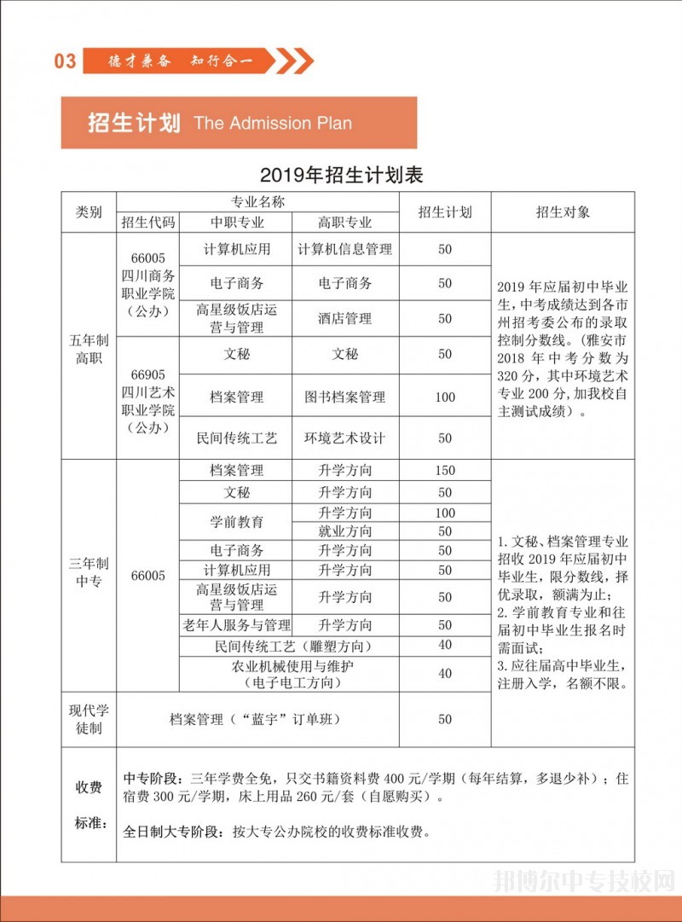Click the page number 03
[65, 61]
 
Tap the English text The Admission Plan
[273, 123]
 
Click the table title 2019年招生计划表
[342, 176]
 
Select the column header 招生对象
[563, 212]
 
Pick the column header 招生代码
[148, 223]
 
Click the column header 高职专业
[345, 223]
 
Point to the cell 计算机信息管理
[345, 249]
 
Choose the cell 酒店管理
[345, 318]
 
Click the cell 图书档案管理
[345, 397]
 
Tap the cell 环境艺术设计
[345, 438]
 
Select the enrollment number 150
[445, 470]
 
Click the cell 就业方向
[345, 531]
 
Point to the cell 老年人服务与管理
[236, 625]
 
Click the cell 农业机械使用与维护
[292, 665]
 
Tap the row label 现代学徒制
[89, 719]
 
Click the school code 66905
[148, 374]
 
